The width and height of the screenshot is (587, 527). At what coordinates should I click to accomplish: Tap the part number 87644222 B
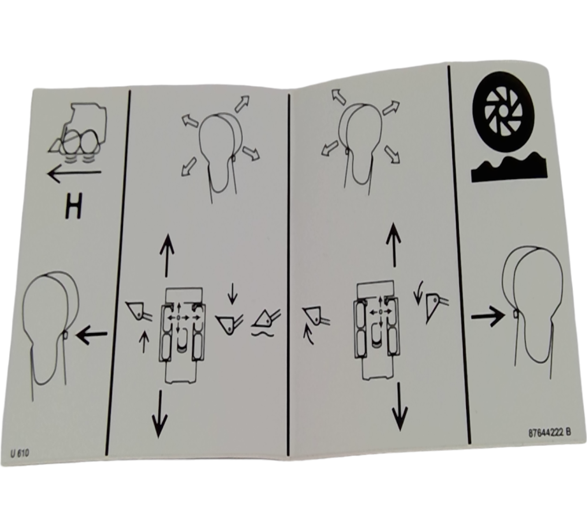click(x=549, y=433)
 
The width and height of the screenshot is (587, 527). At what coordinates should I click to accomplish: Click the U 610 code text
click(x=20, y=453)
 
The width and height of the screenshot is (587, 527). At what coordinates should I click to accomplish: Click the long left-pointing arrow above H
click(x=74, y=174)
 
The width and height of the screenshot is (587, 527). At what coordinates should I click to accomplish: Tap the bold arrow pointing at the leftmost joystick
click(x=92, y=336)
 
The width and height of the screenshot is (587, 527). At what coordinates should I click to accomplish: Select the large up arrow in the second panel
click(x=166, y=255)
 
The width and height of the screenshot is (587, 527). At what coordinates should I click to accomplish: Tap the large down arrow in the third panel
click(x=400, y=406)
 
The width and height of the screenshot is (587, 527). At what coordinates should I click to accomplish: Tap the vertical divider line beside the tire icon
click(x=459, y=252)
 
